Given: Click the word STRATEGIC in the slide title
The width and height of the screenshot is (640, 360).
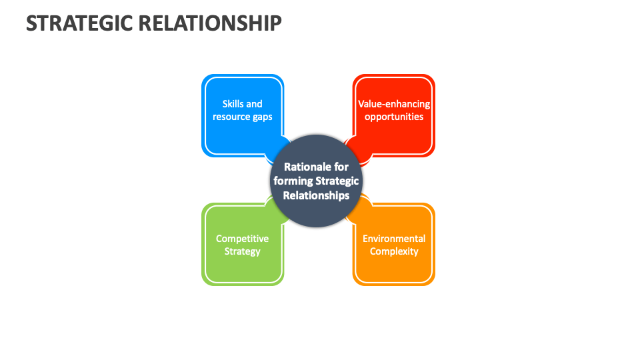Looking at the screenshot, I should click(x=80, y=23).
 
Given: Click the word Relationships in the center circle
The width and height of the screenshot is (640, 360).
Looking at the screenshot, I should click(x=316, y=195).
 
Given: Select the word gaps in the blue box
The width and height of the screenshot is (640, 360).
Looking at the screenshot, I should click(x=261, y=117).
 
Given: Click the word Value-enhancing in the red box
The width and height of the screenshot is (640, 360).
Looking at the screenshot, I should click(x=394, y=104).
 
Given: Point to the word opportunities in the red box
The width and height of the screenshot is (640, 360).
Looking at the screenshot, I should click(x=394, y=117).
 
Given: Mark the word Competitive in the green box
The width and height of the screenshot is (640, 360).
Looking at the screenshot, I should click(x=242, y=239).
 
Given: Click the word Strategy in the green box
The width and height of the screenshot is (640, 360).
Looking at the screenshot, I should click(x=242, y=251).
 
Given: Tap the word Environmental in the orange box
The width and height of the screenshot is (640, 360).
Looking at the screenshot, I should click(x=394, y=239).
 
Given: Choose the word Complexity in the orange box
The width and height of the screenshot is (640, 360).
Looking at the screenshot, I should click(x=394, y=251).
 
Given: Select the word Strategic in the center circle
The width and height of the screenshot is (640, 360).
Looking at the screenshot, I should click(x=337, y=181).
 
